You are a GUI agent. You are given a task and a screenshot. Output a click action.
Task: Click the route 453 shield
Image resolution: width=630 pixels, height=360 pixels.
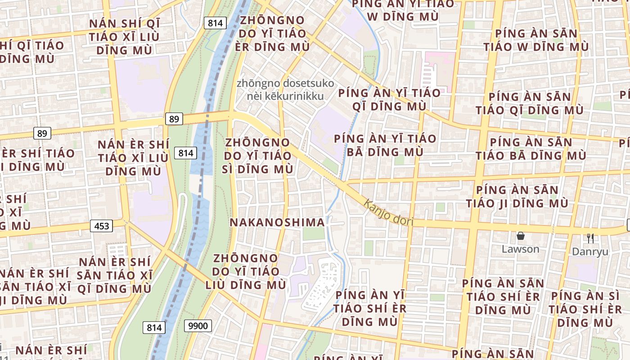[102, 225]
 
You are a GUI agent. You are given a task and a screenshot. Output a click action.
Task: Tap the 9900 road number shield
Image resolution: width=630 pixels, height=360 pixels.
[198, 326]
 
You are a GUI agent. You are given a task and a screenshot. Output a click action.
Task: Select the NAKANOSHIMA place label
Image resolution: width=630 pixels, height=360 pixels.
[277, 222]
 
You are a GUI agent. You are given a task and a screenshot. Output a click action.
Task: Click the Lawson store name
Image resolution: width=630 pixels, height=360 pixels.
[521, 249]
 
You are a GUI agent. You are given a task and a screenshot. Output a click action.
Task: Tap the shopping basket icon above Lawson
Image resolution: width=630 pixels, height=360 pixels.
[521, 236]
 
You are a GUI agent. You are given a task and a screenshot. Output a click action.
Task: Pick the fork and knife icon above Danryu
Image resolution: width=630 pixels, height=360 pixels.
[590, 238]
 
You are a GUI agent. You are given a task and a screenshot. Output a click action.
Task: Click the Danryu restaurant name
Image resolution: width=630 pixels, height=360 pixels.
[590, 252]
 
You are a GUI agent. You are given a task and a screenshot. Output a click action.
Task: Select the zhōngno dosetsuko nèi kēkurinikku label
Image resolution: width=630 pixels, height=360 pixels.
[286, 90]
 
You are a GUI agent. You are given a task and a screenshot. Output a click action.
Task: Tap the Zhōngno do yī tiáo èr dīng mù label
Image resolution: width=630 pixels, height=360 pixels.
[272, 34]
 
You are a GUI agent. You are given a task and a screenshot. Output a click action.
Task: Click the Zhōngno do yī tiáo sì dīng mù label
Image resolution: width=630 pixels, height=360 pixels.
[258, 156]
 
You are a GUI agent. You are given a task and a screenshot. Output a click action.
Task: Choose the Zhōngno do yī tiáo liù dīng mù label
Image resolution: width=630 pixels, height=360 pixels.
[246, 271]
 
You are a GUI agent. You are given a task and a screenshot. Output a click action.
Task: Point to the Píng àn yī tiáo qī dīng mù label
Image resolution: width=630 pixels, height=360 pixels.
[389, 99]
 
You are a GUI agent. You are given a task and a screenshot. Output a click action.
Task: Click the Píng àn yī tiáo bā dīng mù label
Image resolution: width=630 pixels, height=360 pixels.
[385, 145]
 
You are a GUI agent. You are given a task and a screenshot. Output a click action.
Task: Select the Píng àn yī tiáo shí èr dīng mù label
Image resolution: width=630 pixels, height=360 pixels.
[369, 308]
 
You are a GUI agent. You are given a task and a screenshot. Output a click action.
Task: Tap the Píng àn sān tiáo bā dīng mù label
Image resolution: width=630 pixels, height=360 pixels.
[531, 149]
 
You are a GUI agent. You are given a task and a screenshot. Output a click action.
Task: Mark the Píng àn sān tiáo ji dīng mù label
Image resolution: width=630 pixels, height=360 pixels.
[517, 197]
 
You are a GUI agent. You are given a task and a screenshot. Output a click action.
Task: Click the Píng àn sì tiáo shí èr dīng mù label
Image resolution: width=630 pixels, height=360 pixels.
[585, 309]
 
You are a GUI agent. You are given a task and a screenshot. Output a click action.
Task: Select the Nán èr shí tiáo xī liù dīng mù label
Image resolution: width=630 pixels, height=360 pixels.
[133, 157]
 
